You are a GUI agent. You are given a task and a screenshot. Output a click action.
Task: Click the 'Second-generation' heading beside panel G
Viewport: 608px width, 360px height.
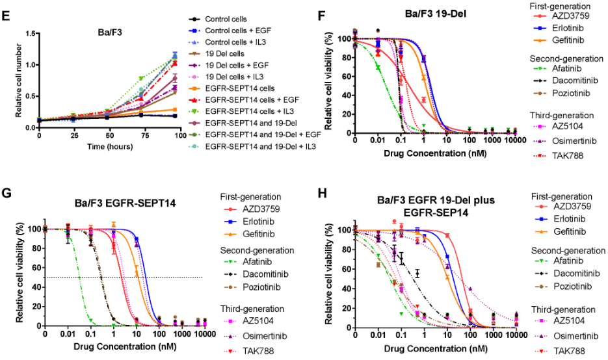pos(257,250)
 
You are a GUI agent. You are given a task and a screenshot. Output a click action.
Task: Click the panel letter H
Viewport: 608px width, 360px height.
pos(321,193)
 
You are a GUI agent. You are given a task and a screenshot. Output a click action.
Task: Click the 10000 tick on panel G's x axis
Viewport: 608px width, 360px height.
pos(204,335)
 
